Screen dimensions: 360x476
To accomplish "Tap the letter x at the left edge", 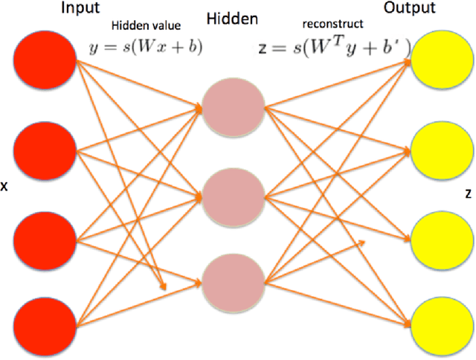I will coord(4,187).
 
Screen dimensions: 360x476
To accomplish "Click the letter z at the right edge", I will coord(467,193).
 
